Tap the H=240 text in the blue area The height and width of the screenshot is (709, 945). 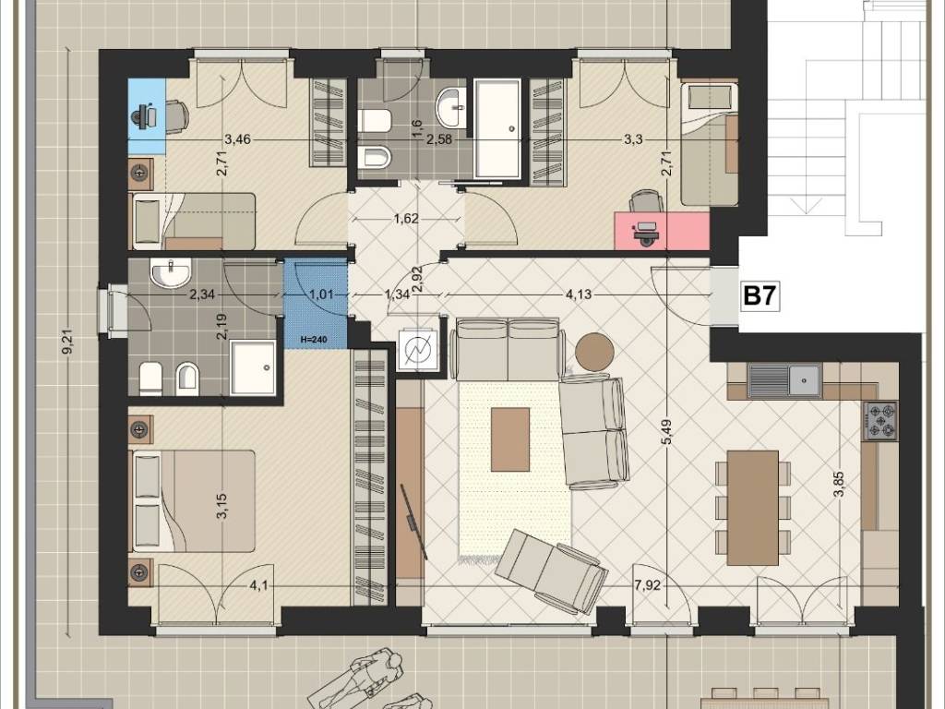[314, 340]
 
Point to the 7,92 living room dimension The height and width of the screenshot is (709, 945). [648, 585]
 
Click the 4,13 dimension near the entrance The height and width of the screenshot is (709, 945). [579, 294]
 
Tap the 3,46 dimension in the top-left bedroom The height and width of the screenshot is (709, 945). [237, 140]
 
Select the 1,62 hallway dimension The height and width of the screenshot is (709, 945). [406, 218]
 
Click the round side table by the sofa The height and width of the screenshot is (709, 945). [594, 353]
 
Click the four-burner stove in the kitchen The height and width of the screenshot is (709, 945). [879, 421]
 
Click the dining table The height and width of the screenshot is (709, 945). [753, 508]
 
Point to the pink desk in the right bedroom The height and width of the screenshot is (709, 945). [662, 230]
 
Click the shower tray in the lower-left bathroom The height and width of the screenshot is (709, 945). [253, 367]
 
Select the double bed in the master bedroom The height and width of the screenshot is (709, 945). [193, 500]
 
